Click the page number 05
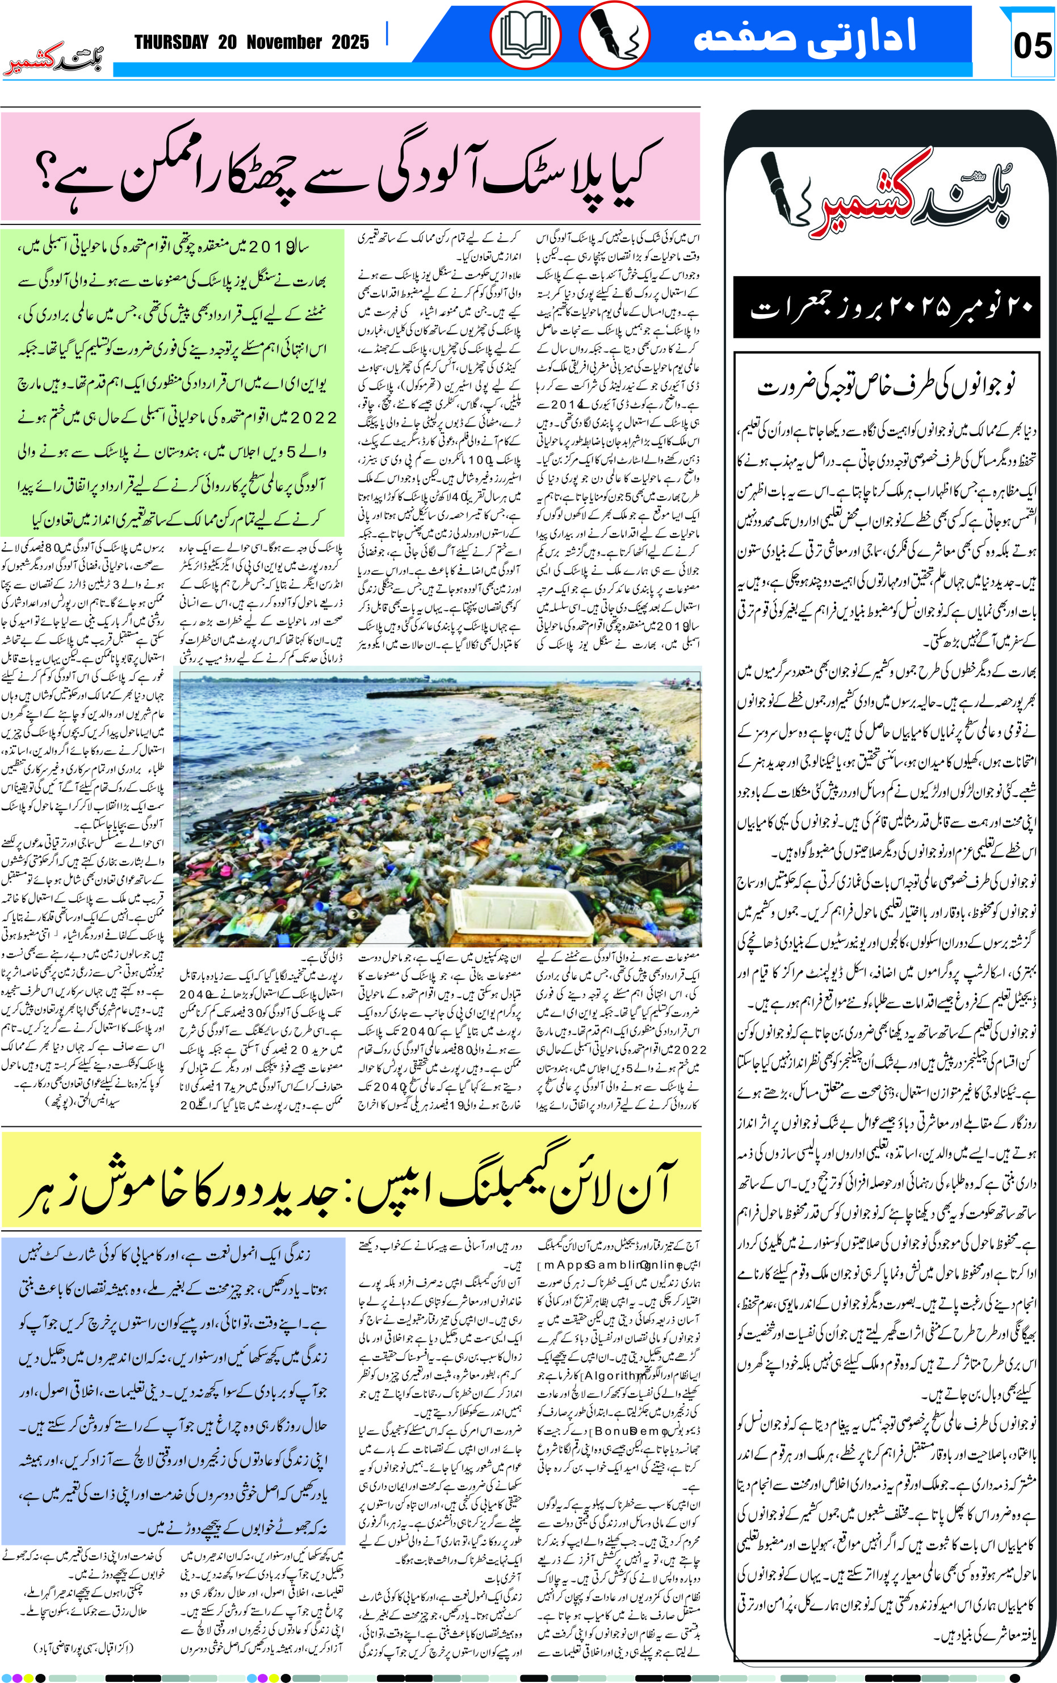[x=1032, y=46]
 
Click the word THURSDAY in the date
[x=171, y=43]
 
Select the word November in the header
[x=284, y=43]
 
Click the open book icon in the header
[x=525, y=36]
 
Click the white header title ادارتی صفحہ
[x=804, y=36]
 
